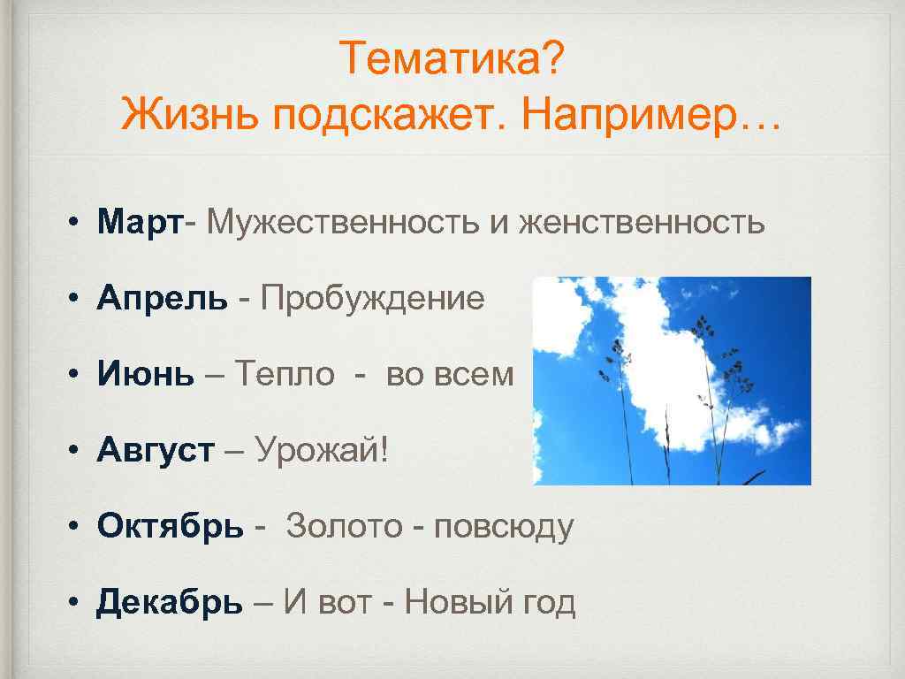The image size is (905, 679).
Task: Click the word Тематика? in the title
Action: pyautogui.click(x=450, y=60)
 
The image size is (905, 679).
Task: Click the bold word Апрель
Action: pyautogui.click(x=162, y=299)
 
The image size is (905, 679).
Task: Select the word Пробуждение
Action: pyautogui.click(x=372, y=299)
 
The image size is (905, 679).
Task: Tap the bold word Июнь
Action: pyautogui.click(x=146, y=375)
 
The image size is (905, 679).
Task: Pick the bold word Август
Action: pyautogui.click(x=156, y=451)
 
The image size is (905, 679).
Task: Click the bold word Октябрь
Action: pyautogui.click(x=170, y=527)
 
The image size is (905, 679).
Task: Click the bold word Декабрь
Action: pyautogui.click(x=169, y=603)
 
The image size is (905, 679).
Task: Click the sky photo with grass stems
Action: pyautogui.click(x=672, y=380)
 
